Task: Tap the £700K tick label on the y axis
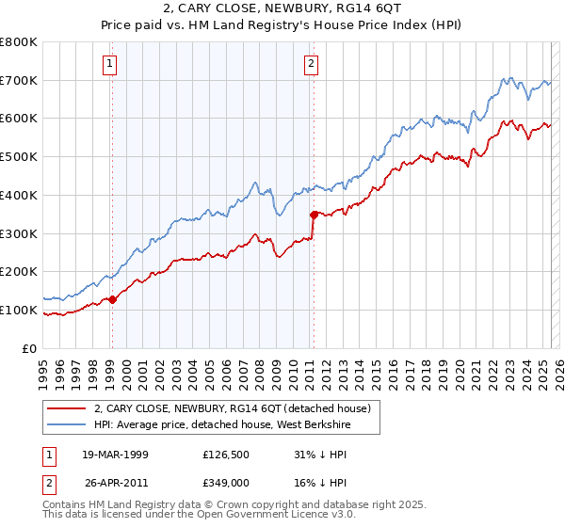[x=19, y=81]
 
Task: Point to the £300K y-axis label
[x=19, y=233]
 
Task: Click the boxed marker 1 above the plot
[x=111, y=64]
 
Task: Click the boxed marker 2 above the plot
[x=311, y=64]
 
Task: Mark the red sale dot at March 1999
[x=112, y=300]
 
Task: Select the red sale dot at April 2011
[x=314, y=215]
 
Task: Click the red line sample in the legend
[x=66, y=408]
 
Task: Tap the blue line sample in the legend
[x=66, y=424]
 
